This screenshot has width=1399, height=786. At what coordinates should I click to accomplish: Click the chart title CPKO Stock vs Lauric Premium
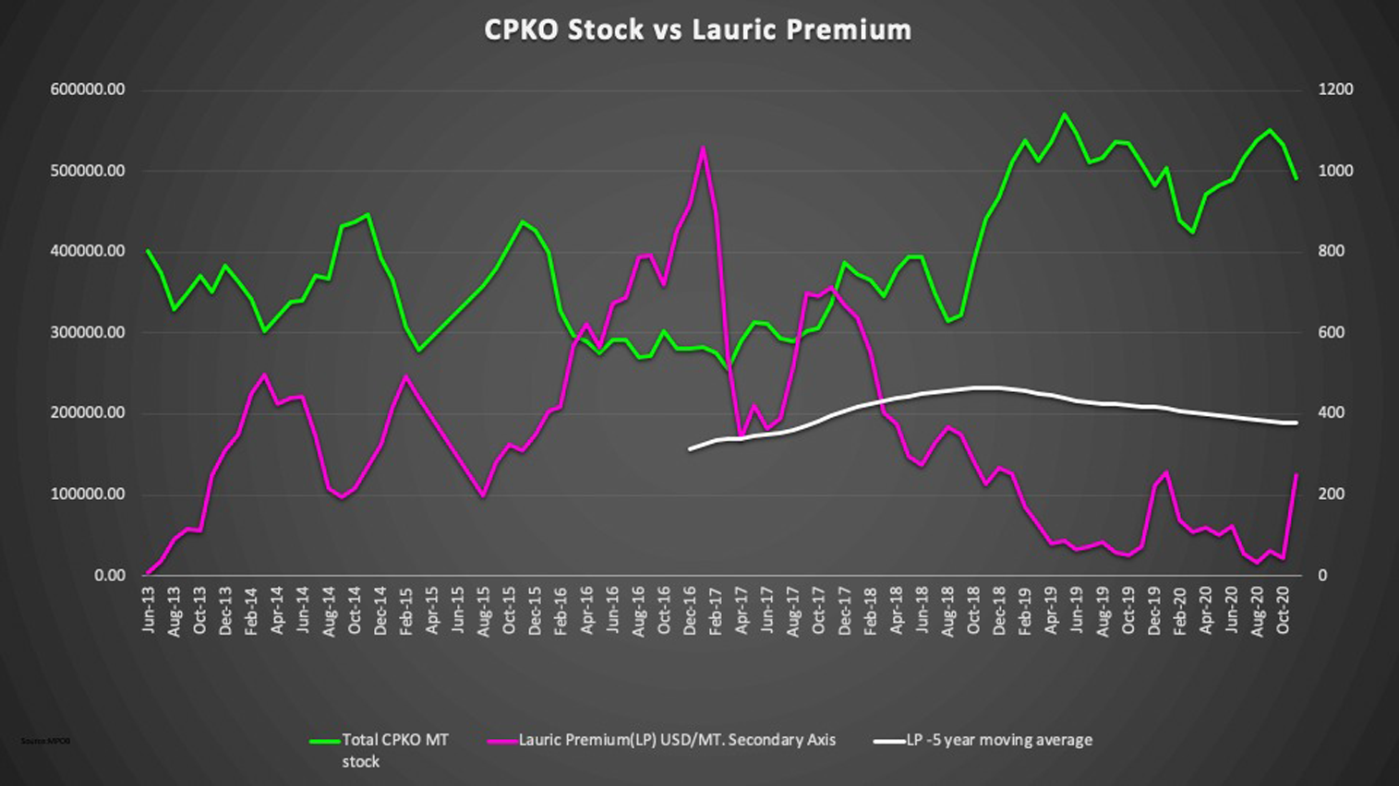[698, 30]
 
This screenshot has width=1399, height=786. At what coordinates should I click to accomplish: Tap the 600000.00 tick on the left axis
[88, 89]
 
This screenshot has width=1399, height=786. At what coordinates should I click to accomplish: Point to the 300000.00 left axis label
[88, 332]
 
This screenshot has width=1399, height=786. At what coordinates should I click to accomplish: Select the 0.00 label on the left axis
[109, 575]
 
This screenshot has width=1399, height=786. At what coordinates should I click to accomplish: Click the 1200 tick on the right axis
[1335, 89]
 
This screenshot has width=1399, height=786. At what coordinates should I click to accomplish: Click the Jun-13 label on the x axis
[150, 610]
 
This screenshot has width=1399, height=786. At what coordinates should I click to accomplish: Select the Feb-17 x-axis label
[716, 610]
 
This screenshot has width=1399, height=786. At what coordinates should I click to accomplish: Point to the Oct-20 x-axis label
[1283, 610]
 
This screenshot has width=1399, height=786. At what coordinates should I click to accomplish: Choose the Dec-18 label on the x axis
[999, 610]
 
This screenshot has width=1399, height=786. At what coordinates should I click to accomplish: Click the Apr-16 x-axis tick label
[587, 610]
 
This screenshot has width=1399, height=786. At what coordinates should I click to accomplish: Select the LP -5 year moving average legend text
[998, 740]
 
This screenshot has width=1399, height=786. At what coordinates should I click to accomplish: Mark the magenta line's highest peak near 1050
[703, 148]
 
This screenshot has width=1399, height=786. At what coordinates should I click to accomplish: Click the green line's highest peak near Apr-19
[1064, 114]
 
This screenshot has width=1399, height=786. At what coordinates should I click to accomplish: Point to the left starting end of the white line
[690, 449]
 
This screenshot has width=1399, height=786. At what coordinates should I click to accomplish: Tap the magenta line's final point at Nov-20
[1296, 475]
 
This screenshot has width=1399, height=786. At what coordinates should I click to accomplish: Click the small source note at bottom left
[45, 741]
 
